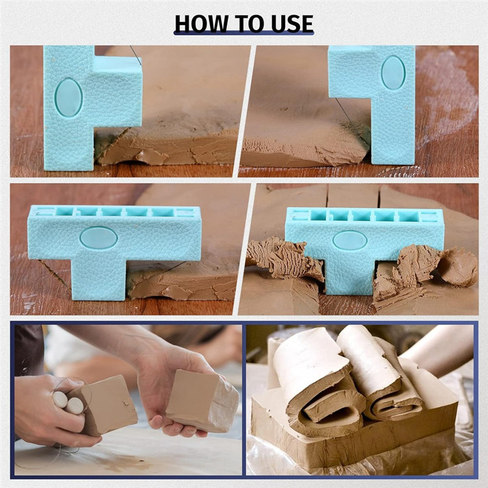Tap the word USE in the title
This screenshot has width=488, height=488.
point(286,23)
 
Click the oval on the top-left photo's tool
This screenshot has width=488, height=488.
point(68,97)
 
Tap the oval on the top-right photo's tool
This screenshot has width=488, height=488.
point(393,73)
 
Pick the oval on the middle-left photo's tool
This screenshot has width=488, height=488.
point(99,237)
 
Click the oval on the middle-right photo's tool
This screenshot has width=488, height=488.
point(350,240)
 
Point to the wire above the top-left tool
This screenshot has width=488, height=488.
point(135,55)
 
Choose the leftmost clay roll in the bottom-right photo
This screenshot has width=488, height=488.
point(308,372)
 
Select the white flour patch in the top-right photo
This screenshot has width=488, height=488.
point(448,91)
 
